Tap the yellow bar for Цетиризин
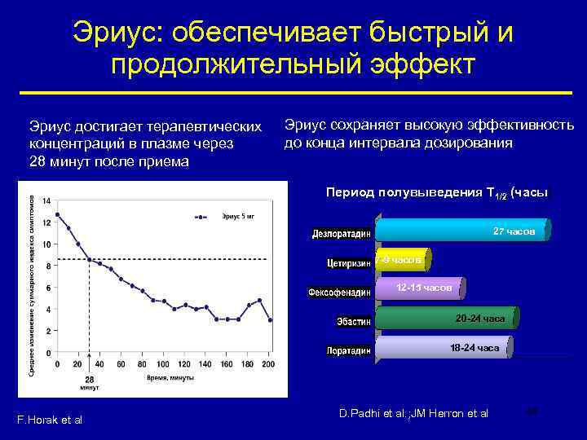tap(400, 260)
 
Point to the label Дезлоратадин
tap(341, 234)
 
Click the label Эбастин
tap(353, 322)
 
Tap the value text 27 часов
tap(514, 231)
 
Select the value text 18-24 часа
tap(474, 348)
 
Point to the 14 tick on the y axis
tap(47, 200)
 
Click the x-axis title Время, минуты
tap(169, 379)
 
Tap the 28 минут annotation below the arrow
tap(89, 384)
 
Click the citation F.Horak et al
tap(49, 420)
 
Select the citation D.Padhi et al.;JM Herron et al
tap(413, 414)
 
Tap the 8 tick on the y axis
tap(47, 266)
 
